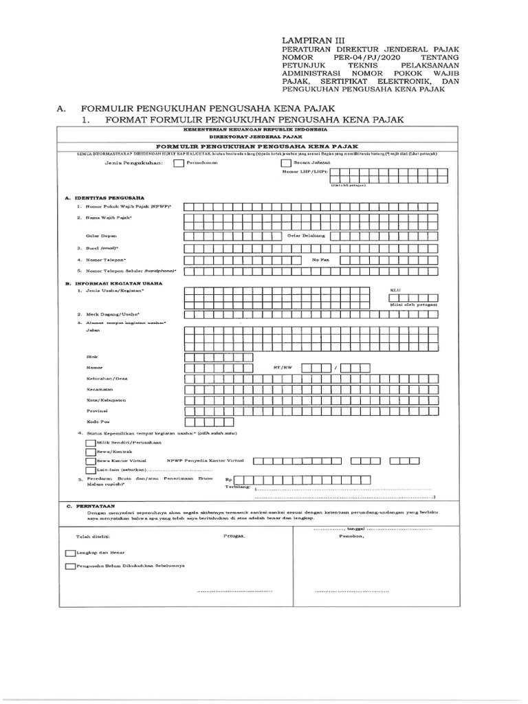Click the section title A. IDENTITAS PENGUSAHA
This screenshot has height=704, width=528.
click(x=100, y=197)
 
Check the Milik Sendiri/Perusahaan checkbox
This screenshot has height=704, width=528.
click(x=91, y=443)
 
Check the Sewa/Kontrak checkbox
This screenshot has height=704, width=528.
click(x=91, y=452)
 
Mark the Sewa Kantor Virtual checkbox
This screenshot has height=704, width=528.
click(x=91, y=461)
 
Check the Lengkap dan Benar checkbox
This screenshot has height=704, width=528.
click(x=69, y=552)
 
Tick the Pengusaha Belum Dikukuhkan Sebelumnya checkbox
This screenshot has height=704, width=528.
click(x=69, y=566)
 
